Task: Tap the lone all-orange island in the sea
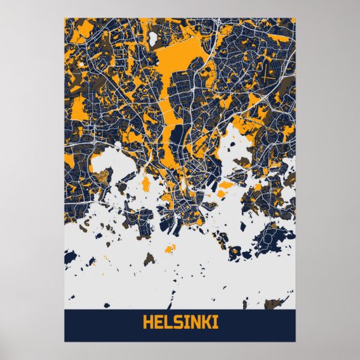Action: (x=226, y=185)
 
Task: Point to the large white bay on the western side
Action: (x=102, y=166)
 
